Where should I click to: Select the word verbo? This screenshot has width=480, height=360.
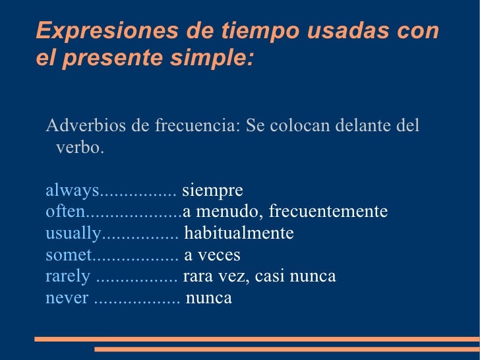pos(80,147)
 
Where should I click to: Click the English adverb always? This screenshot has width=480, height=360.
pos(72,191)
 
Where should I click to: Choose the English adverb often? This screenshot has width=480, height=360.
pos(65,212)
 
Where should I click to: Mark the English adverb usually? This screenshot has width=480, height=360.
pos(73,234)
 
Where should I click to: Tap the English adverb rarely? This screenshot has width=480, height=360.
pos(67,276)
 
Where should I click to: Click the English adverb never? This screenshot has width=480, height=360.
pos(67,298)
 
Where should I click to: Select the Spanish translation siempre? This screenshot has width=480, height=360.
pos(212,191)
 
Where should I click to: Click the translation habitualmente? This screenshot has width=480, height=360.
pos(239,234)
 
